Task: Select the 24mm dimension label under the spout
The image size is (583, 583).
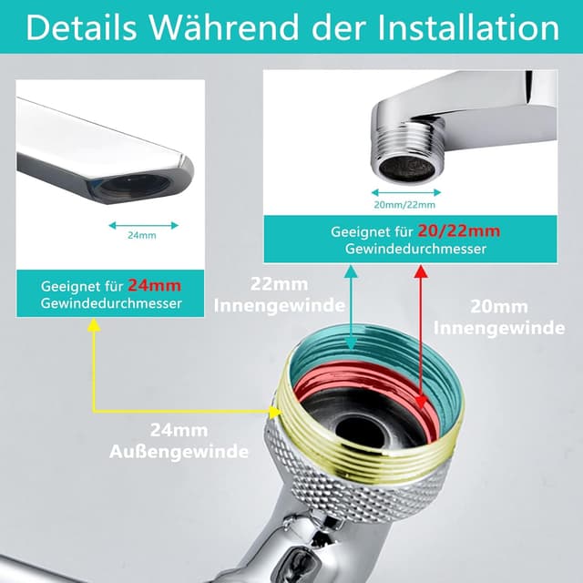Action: pos(142,235)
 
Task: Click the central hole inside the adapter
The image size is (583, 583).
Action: pos(361,424)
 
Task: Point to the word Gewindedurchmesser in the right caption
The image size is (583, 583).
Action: pos(408,249)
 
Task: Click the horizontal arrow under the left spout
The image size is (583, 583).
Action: pos(142,223)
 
